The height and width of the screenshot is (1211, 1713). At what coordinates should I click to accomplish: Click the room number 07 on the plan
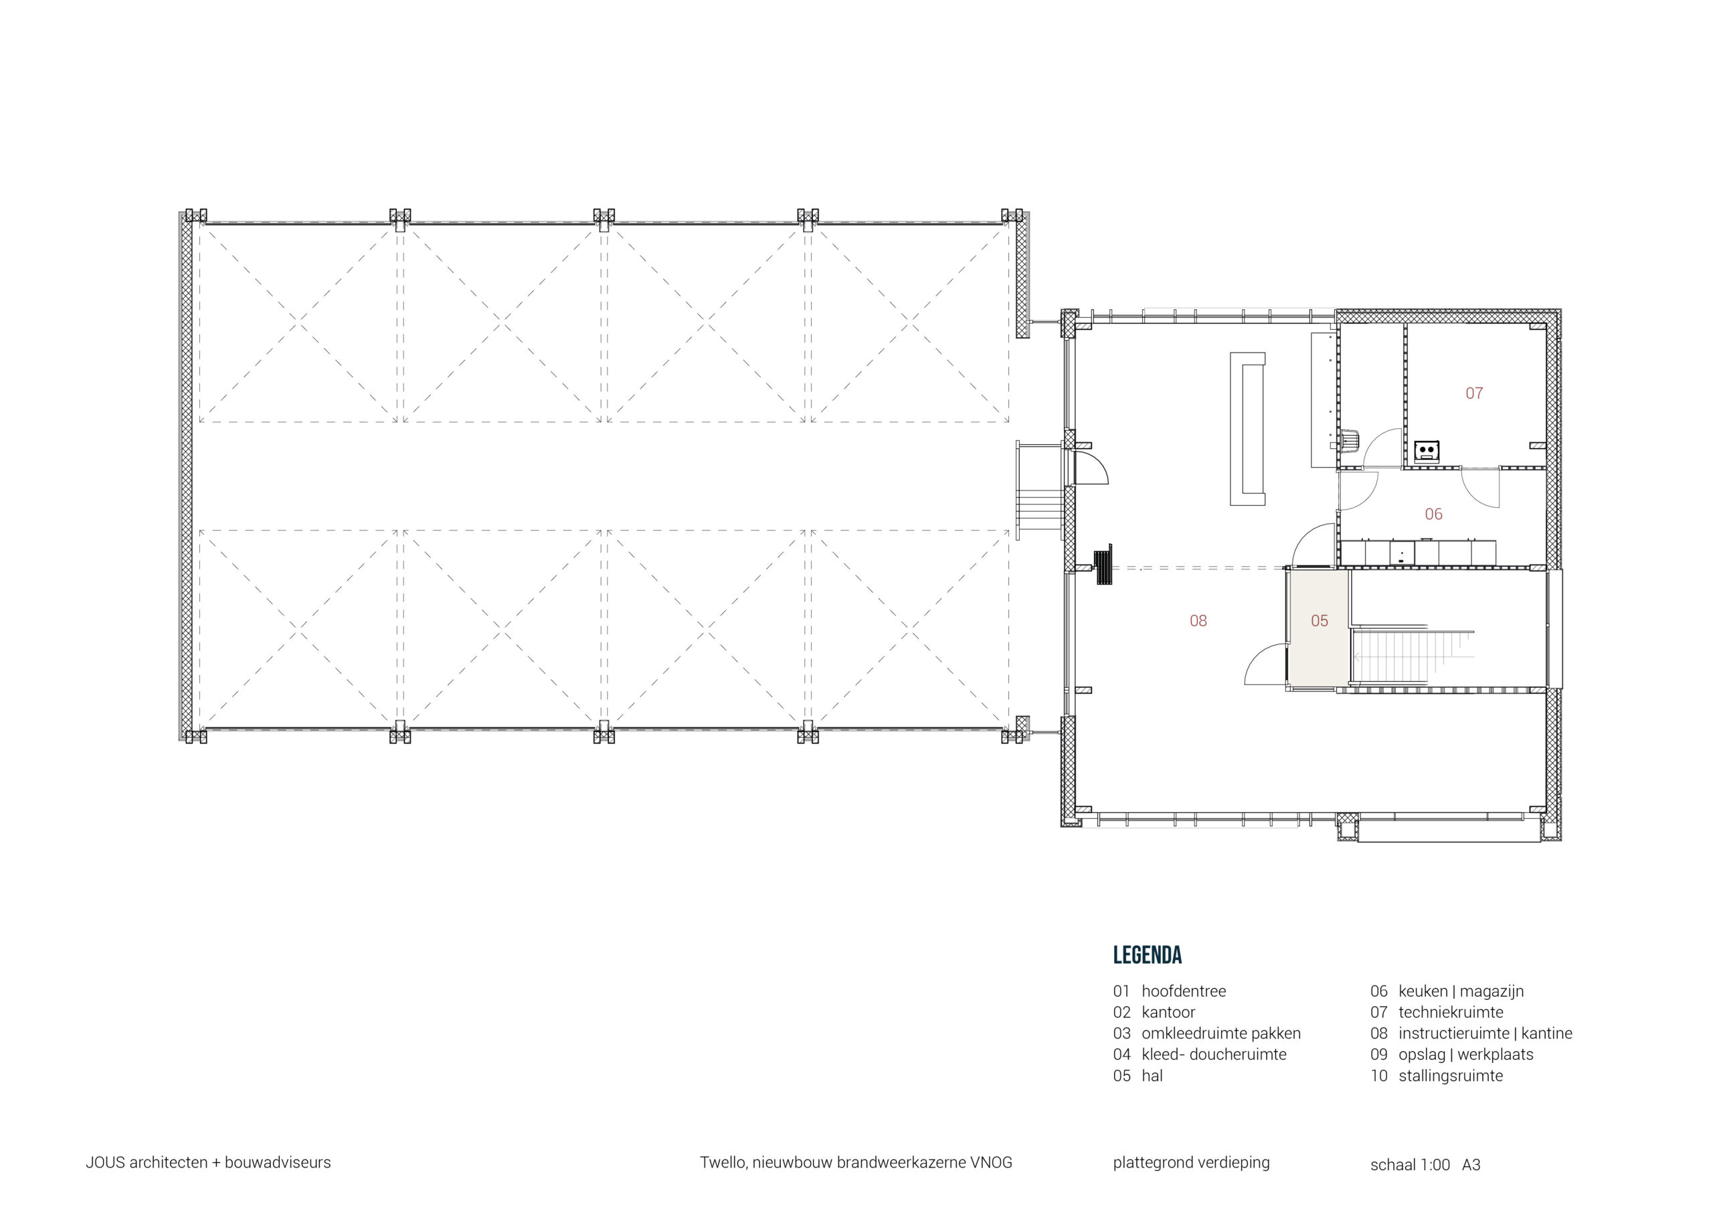pos(1473,393)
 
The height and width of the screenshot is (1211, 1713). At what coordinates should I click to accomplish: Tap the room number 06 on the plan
pos(1433,514)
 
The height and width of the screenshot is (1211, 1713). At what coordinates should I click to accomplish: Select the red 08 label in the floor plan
pos(1198,621)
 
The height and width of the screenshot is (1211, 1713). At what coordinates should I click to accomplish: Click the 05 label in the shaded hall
pos(1319,621)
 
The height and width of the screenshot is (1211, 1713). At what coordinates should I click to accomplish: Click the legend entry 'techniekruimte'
pos(1451,1012)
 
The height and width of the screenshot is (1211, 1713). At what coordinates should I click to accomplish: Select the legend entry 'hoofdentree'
pos(1183,992)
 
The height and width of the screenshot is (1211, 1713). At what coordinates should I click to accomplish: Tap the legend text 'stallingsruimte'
pos(1451,1076)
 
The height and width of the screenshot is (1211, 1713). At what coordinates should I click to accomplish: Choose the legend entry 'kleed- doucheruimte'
pos(1214,1055)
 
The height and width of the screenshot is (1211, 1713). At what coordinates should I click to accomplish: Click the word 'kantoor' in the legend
pos(1168,1012)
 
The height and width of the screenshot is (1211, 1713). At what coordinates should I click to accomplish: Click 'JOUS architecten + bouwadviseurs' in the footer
pos(208,1163)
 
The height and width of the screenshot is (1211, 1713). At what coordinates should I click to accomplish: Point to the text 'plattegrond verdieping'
pos(1191,1163)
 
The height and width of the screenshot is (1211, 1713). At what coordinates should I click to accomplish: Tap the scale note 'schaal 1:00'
pos(1409,1165)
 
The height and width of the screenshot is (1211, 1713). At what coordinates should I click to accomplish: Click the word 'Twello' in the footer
pos(723,1163)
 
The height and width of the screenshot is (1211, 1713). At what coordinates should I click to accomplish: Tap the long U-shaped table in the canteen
pos(1247,430)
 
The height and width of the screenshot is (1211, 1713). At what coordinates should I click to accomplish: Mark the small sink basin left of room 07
pos(1350,440)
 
